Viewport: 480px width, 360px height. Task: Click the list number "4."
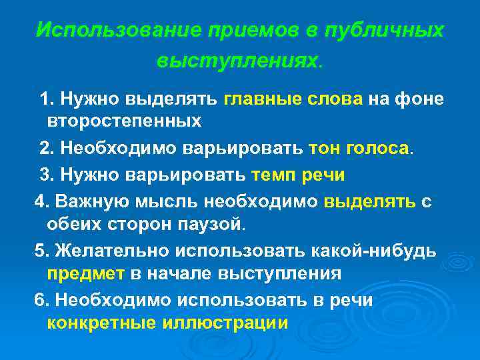click(41, 201)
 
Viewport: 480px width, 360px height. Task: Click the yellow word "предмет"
click(85, 273)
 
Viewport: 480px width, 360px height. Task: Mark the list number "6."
click(41, 300)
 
